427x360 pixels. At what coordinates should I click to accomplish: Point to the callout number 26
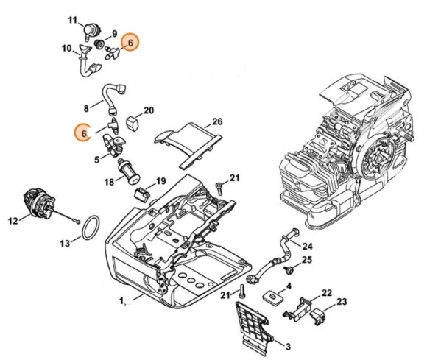point(217,121)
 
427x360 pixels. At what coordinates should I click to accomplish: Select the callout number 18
point(108,180)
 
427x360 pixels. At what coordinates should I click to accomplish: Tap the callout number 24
point(308,246)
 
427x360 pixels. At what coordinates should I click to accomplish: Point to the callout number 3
point(287,347)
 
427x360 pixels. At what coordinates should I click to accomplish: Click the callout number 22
point(327,293)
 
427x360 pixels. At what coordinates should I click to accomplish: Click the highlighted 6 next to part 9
point(130,43)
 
